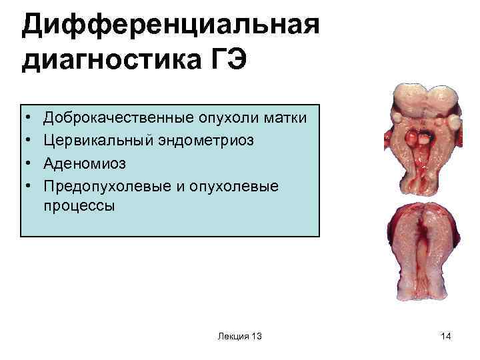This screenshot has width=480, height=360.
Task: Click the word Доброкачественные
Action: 118,119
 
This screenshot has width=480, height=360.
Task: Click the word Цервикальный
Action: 92,141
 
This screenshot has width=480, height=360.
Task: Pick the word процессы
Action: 79,206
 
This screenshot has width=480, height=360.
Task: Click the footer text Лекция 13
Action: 239,337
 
